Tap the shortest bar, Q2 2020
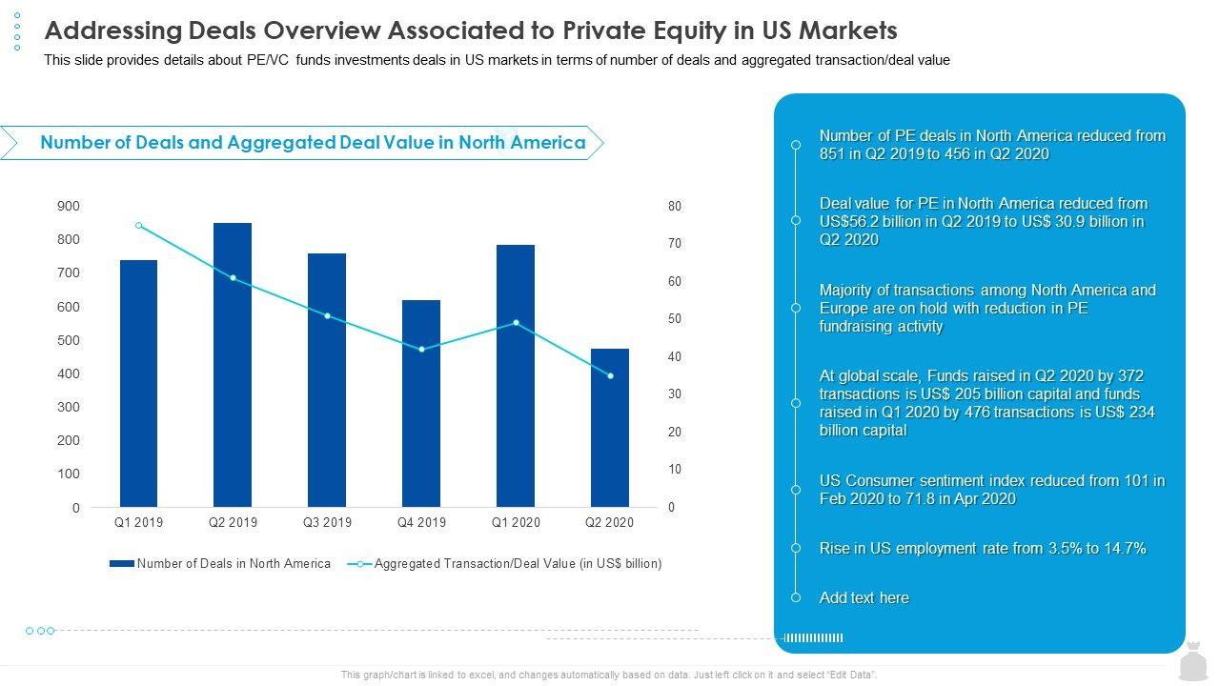(x=609, y=428)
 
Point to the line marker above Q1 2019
(x=139, y=226)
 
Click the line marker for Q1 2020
(x=516, y=323)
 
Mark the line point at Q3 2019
(x=327, y=315)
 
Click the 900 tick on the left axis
(x=70, y=206)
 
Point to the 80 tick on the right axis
(x=675, y=206)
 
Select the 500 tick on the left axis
(x=70, y=340)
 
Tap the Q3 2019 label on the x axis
(x=327, y=522)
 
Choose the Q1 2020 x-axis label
(x=516, y=522)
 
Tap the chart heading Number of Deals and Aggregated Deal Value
(x=313, y=143)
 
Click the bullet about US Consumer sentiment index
(x=991, y=490)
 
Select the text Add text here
(x=864, y=598)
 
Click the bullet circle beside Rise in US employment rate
(x=796, y=548)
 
